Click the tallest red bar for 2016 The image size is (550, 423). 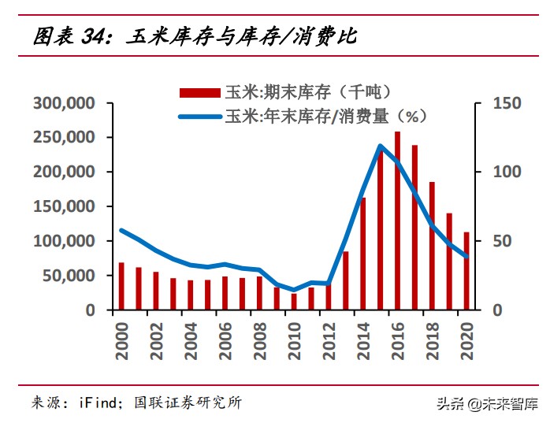[397, 221]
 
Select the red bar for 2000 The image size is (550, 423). [121, 286]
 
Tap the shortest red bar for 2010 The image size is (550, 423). [294, 302]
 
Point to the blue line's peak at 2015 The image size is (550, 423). [380, 146]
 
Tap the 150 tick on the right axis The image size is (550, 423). [504, 103]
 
